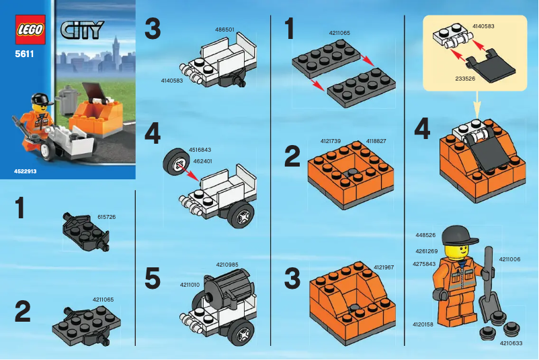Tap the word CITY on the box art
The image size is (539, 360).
pyautogui.click(x=82, y=30)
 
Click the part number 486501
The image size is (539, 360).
pyautogui.click(x=224, y=30)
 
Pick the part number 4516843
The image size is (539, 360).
pyautogui.click(x=202, y=150)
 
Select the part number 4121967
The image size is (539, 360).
pyautogui.click(x=384, y=267)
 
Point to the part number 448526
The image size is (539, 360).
pyautogui.click(x=426, y=236)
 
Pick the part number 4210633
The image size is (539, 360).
pyautogui.click(x=511, y=342)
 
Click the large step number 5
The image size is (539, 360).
pyautogui.click(x=153, y=278)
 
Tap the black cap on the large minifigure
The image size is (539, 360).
pyautogui.click(x=456, y=234)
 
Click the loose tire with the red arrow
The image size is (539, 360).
pyautogui.click(x=174, y=163)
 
